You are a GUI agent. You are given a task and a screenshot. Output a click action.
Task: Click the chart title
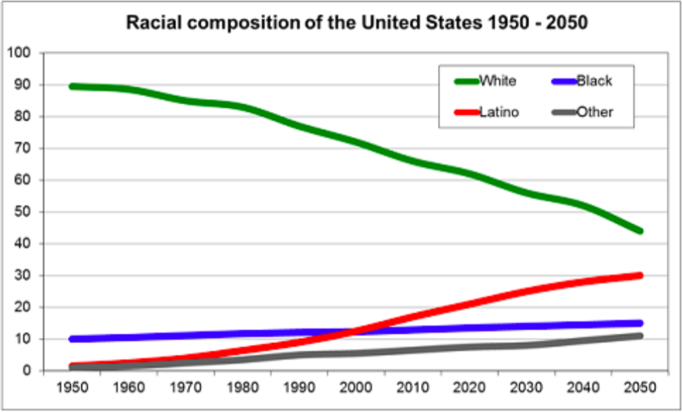(x=356, y=22)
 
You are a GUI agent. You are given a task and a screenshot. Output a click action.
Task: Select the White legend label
(x=497, y=81)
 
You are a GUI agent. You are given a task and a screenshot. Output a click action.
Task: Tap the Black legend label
(x=594, y=81)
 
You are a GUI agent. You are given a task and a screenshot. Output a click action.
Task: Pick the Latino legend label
(x=499, y=112)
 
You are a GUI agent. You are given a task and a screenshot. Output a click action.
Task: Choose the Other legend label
(x=594, y=112)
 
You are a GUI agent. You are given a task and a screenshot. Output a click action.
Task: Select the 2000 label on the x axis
(x=356, y=388)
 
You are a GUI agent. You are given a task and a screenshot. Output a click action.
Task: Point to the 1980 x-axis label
(x=242, y=388)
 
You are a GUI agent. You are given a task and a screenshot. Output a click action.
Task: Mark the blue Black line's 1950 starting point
(x=72, y=339)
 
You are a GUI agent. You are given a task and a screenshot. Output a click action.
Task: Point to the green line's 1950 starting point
(x=72, y=86)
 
